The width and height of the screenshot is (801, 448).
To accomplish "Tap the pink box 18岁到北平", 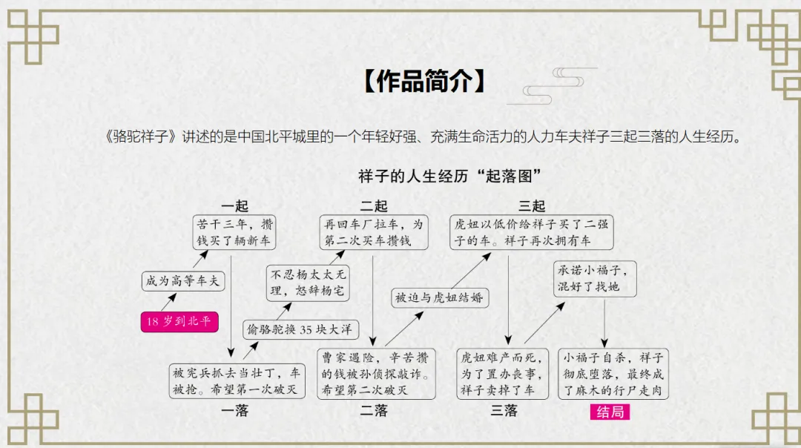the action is [x=179, y=321].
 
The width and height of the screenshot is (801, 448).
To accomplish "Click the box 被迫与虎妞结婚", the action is [x=439, y=297].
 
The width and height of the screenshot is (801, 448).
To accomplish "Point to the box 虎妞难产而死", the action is [x=504, y=374].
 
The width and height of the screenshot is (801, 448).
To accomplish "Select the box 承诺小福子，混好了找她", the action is [x=595, y=279].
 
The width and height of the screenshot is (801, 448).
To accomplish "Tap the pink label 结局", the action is [x=610, y=412].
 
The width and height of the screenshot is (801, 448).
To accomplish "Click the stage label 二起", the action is [x=374, y=205].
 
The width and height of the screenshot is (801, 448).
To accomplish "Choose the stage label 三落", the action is [x=504, y=411].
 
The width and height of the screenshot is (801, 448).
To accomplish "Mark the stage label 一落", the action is [x=235, y=410].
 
